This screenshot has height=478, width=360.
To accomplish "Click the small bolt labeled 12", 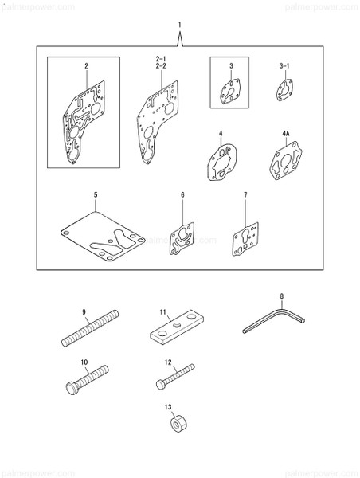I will (x=174, y=377).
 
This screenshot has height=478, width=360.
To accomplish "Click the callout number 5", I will (x=95, y=194).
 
